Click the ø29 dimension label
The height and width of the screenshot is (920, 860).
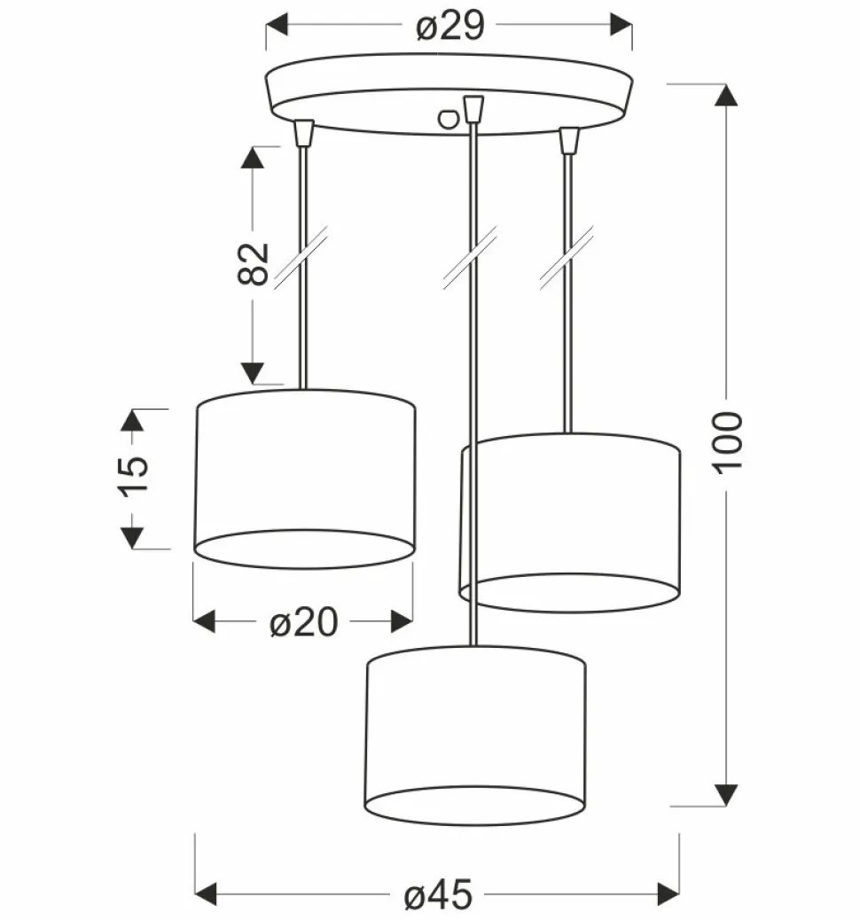(x=450, y=27)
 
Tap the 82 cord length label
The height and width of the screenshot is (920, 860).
(x=253, y=263)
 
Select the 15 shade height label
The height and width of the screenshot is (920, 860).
(x=135, y=476)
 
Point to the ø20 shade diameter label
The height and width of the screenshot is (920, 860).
(x=303, y=622)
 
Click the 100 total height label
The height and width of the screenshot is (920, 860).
(x=727, y=442)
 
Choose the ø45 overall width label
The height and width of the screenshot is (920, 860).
(x=438, y=895)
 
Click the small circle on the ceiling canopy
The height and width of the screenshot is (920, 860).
(x=448, y=119)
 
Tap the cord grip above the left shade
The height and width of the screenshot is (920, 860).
(x=303, y=133)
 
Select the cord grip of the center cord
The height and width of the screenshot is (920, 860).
(x=473, y=110)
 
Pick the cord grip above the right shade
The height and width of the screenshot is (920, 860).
(x=568, y=141)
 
